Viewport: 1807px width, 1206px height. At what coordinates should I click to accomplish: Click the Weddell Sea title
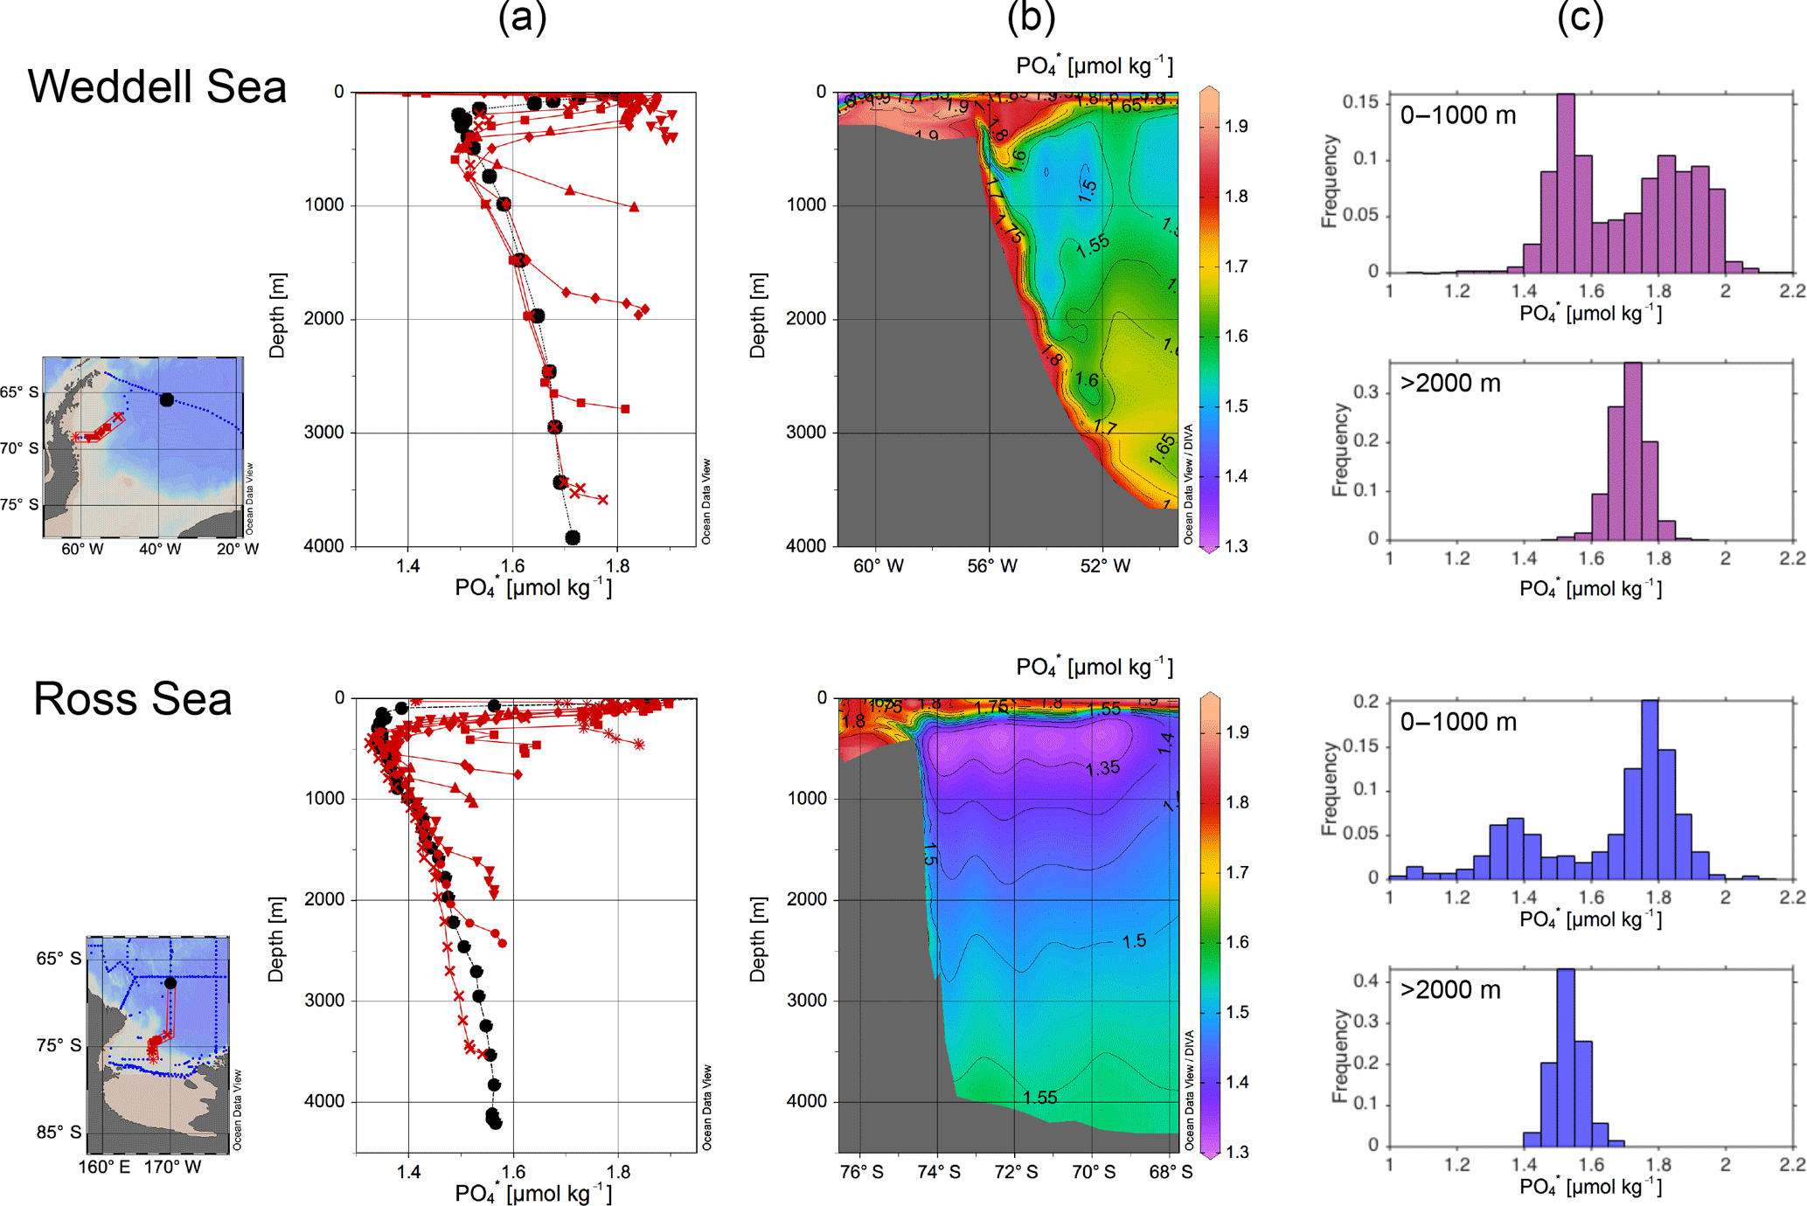tap(157, 87)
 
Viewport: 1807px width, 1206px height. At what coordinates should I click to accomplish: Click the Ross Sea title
tap(133, 698)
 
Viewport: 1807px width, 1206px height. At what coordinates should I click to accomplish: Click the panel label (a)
tap(522, 17)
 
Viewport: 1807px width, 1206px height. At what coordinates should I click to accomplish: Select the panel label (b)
tap(1031, 17)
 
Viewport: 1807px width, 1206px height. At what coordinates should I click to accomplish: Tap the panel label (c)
tap(1580, 17)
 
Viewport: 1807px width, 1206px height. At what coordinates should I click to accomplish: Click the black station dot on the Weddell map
tap(167, 400)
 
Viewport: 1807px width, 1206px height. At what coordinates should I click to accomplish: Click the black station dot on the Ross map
tap(170, 983)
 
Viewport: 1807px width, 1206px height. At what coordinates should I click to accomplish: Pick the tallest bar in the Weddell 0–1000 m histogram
tap(1566, 184)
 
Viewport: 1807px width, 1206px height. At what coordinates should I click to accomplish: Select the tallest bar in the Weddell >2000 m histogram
tap(1632, 451)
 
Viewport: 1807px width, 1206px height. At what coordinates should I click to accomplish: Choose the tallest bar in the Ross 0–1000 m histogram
tap(1650, 789)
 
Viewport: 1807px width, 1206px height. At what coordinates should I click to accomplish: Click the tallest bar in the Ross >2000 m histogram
tap(1566, 1057)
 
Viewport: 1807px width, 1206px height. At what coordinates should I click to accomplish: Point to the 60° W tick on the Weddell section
tap(878, 566)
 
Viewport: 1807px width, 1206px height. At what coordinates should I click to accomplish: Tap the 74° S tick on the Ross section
tap(938, 1171)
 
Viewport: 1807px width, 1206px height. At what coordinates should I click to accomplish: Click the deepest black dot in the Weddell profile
tap(573, 537)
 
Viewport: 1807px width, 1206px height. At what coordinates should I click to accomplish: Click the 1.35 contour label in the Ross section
tap(1102, 768)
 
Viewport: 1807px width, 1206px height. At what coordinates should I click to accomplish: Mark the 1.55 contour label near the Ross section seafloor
tap(1040, 1097)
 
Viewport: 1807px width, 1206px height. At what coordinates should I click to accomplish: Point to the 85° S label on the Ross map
tap(59, 1133)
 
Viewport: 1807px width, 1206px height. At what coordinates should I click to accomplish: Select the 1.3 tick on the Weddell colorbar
tap(1236, 546)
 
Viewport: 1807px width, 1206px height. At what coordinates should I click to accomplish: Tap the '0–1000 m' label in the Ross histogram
tap(1458, 722)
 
